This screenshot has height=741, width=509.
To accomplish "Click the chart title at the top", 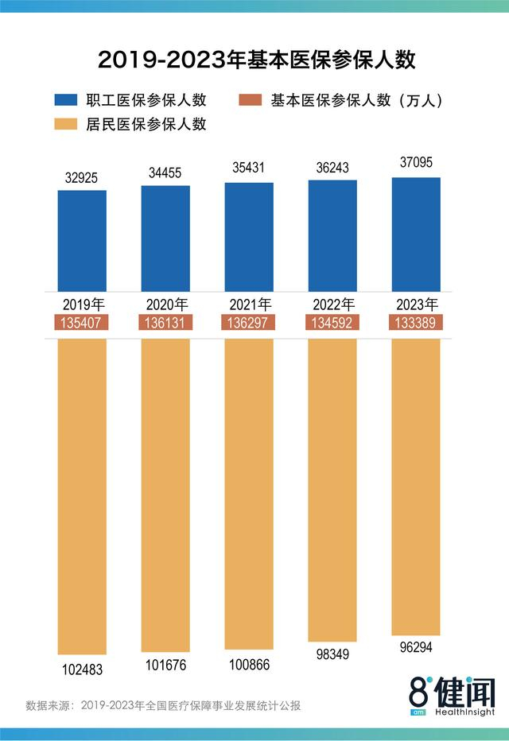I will tap(254, 60).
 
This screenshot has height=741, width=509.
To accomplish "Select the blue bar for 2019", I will tap(82, 241).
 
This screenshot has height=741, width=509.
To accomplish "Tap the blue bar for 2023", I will tap(416, 235).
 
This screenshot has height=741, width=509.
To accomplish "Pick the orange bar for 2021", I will tap(249, 493).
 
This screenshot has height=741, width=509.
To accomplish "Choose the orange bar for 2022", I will tap(332, 489).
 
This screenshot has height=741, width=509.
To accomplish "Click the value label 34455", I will tap(165, 172).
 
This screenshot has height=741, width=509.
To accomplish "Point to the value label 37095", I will tap(416, 163).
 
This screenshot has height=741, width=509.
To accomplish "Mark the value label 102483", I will tap(82, 669).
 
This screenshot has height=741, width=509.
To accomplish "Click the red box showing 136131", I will tap(165, 322).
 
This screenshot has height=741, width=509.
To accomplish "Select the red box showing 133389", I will tap(416, 322).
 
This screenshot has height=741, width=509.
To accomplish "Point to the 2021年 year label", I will tap(249, 305).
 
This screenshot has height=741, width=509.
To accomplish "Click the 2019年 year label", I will tap(82, 305).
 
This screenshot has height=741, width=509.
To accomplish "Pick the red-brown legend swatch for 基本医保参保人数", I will tap(251, 100).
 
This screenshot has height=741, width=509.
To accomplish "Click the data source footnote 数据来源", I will tap(163, 705).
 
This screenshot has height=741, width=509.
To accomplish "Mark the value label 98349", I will tap(332, 654).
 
